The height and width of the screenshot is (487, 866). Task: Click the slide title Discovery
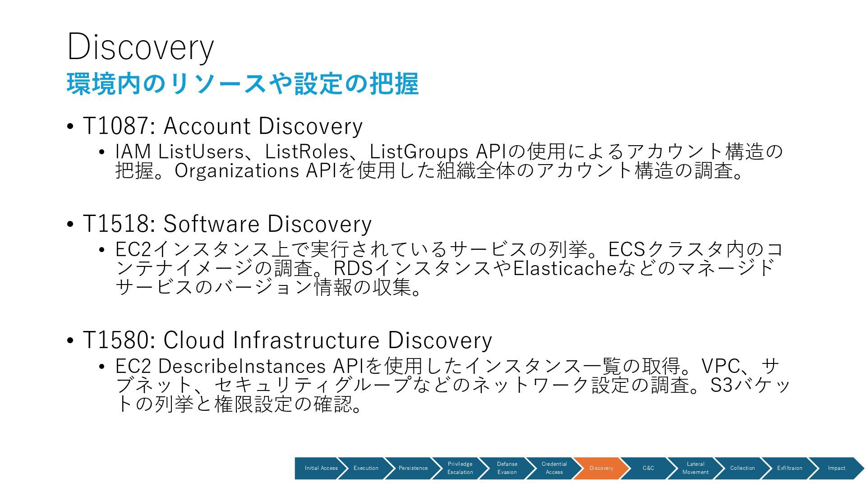(140, 47)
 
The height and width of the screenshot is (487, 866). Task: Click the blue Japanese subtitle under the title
(243, 84)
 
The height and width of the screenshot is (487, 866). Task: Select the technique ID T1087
(116, 126)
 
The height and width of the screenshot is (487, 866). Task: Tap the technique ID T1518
(116, 224)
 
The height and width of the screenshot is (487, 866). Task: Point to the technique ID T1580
(116, 340)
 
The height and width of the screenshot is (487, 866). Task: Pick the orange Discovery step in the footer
(601, 468)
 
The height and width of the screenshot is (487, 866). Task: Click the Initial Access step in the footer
(321, 468)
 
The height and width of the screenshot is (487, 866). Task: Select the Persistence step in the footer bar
(413, 468)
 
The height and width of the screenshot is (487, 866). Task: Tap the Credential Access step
(554, 468)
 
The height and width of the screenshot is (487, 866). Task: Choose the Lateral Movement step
(695, 468)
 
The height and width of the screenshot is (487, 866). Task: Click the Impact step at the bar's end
(836, 468)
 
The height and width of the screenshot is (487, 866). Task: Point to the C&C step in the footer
(648, 468)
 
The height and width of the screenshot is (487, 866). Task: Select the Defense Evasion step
(507, 468)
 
